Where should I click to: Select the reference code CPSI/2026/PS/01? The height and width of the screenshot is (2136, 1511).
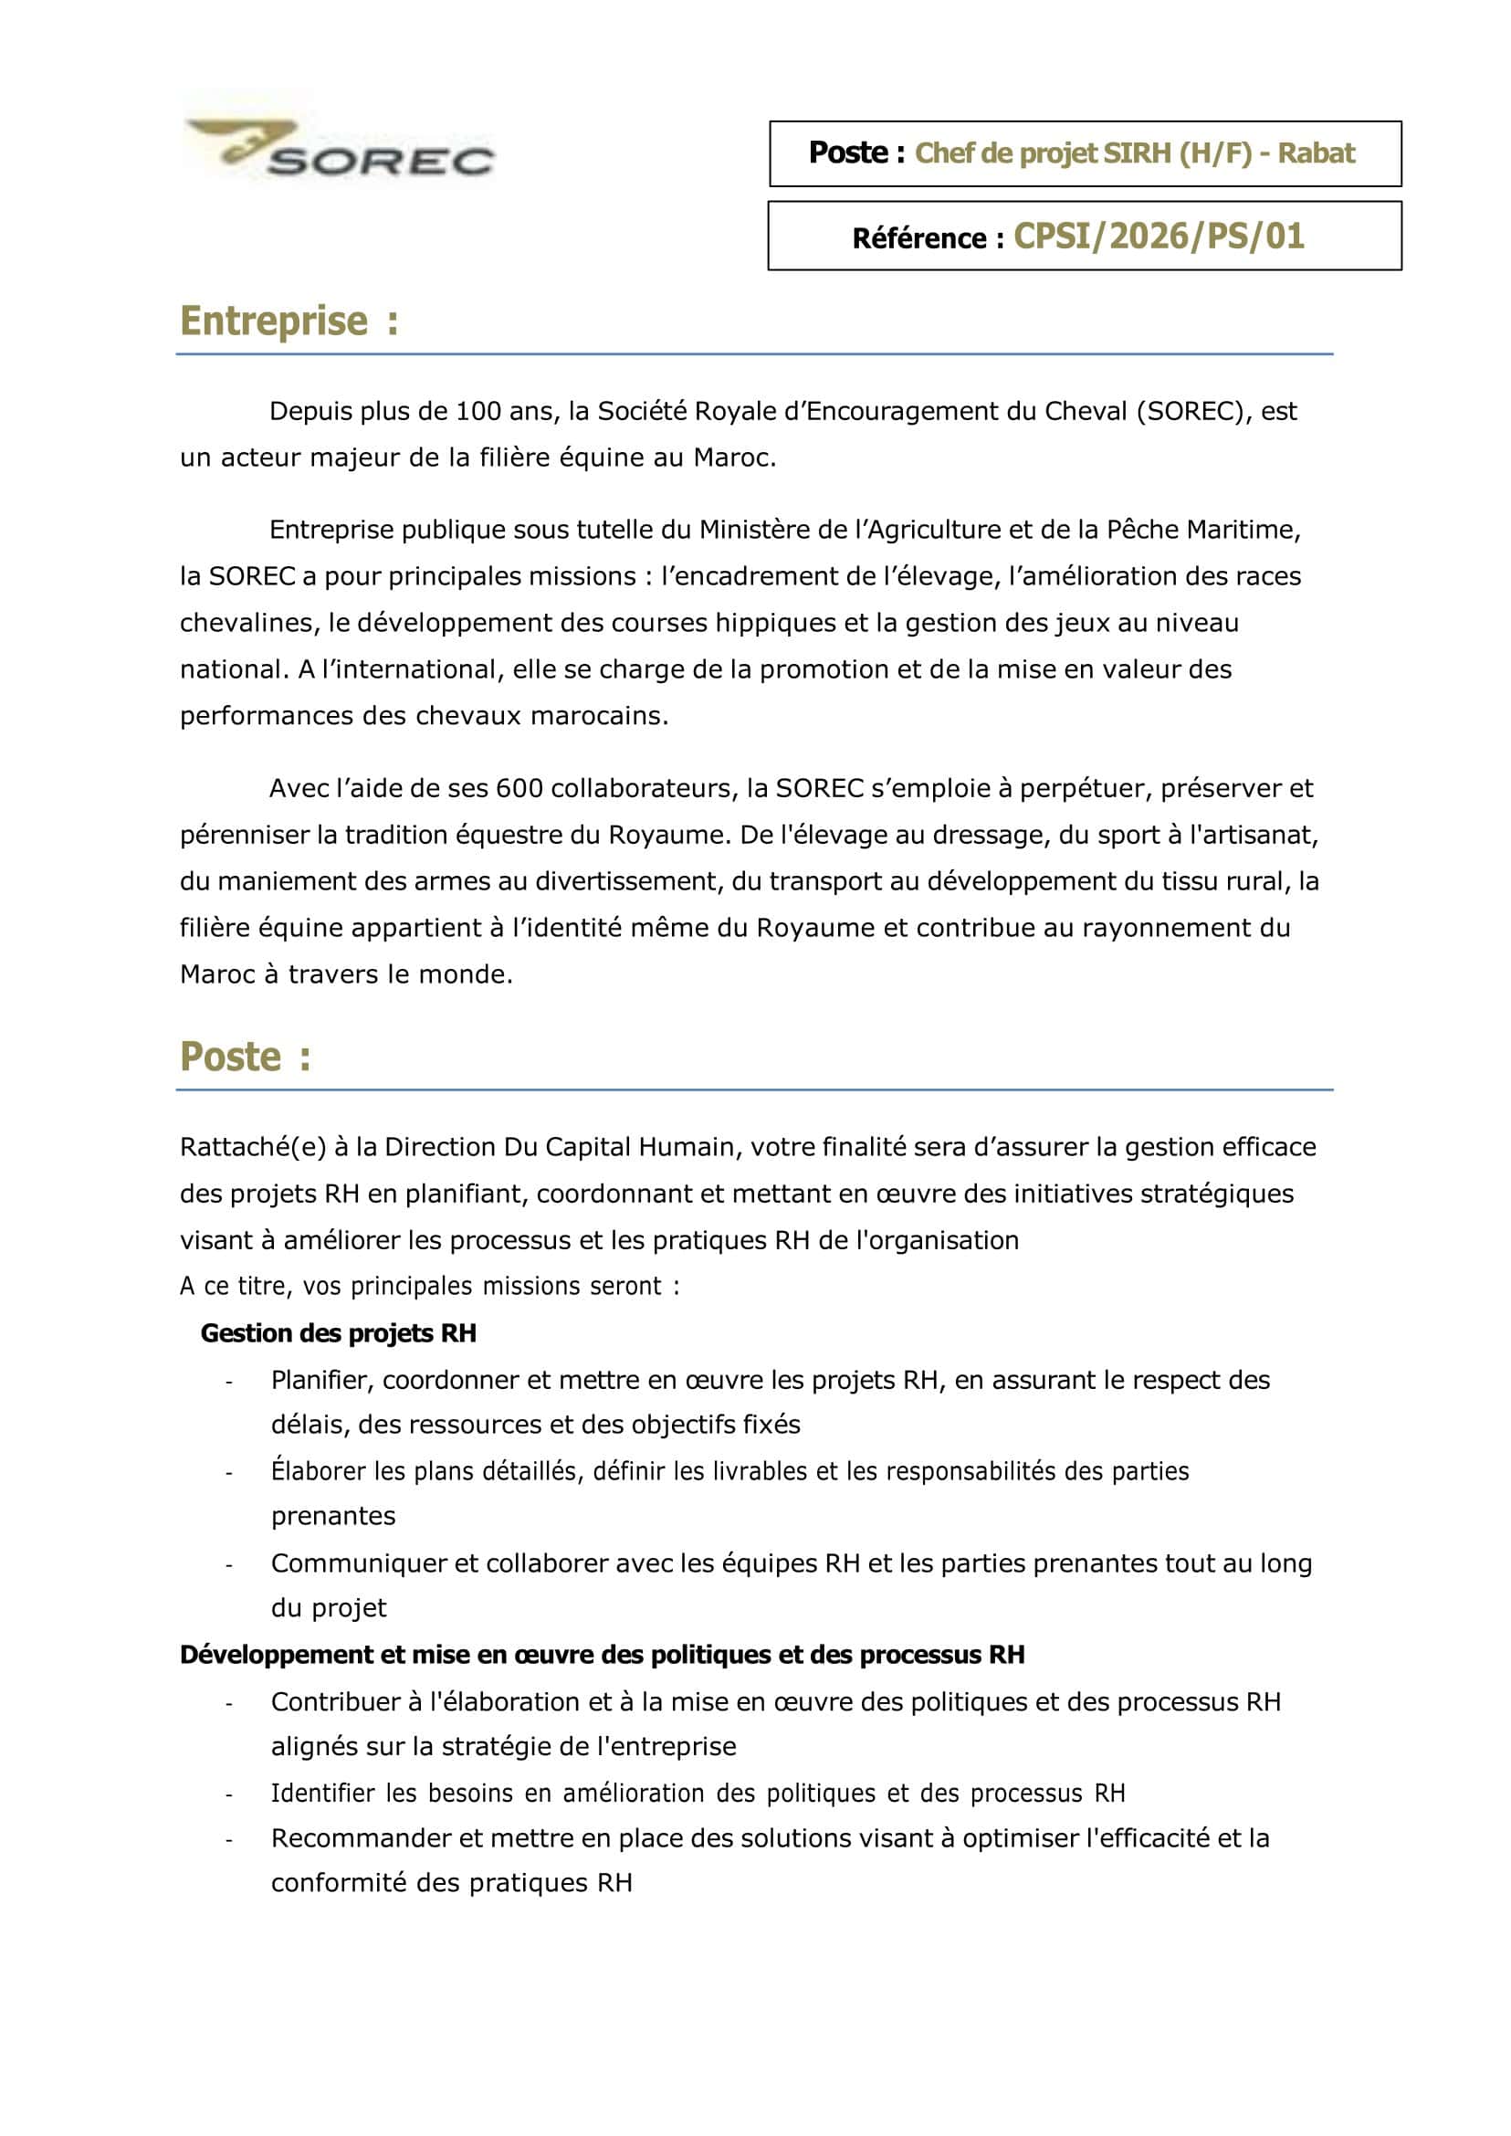point(1159,237)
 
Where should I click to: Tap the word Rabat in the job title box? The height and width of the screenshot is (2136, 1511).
point(1316,153)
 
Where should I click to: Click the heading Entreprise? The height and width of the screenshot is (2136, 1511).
point(275,321)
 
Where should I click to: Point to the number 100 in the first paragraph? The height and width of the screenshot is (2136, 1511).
point(478,411)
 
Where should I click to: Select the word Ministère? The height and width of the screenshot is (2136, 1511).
point(757,531)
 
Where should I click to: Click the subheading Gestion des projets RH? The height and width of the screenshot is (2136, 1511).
point(339,1333)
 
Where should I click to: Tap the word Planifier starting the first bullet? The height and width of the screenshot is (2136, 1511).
point(322,1380)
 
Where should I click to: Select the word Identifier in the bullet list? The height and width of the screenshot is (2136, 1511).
point(322,1794)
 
